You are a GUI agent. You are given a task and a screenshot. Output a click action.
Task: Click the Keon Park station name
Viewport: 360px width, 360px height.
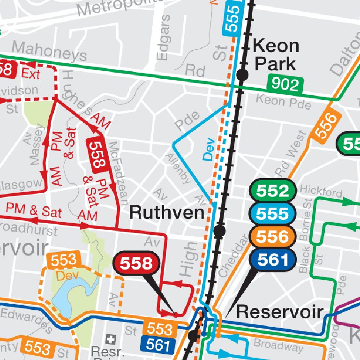pos(276,54)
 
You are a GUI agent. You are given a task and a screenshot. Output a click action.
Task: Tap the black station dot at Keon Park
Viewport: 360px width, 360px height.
pos(242,75)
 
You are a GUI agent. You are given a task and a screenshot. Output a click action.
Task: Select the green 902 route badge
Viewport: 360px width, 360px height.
pos(285,84)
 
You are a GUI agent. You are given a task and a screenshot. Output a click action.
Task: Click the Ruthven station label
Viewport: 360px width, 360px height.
pos(166,212)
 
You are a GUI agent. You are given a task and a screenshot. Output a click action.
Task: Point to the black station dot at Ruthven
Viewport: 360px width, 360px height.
pos(219,231)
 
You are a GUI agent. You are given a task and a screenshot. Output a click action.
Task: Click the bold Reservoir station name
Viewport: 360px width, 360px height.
pos(280,312)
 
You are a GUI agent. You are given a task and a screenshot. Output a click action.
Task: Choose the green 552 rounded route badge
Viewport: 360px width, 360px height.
pos(272,191)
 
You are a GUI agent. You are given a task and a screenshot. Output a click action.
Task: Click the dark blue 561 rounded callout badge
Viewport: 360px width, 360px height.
pos(272,259)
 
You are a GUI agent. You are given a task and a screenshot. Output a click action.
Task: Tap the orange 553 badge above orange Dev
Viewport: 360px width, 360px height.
pos(63,260)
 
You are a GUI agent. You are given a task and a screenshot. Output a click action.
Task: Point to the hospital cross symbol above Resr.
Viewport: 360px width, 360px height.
pos(111,338)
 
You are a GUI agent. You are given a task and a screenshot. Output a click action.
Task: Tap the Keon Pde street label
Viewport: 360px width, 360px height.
pos(284,101)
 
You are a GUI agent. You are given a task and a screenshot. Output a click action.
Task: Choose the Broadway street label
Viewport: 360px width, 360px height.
pos(278,346)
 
